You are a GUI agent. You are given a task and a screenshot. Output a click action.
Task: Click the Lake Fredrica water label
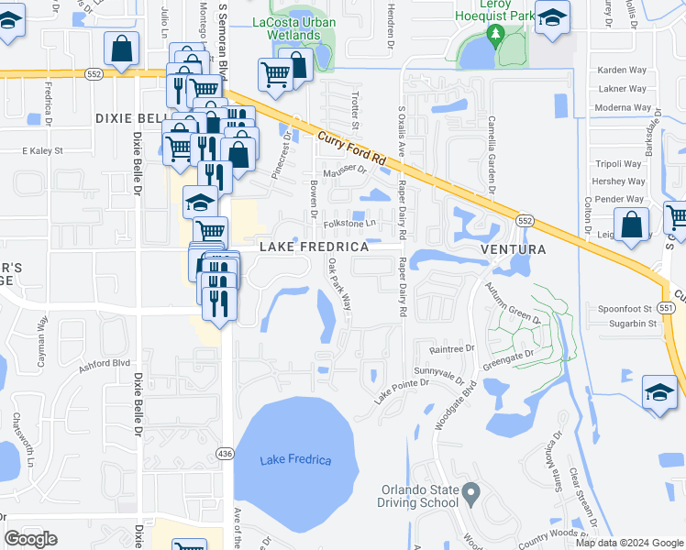point(295,459)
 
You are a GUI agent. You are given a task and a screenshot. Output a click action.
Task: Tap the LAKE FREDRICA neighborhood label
point(314,247)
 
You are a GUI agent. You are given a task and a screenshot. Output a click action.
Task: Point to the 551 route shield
point(667,309)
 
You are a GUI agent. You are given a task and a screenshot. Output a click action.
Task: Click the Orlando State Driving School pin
point(470,495)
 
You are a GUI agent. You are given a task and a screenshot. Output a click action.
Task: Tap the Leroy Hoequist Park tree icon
point(496,34)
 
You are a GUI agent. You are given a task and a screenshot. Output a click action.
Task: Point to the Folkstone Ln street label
point(350,223)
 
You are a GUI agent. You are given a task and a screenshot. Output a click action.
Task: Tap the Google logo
point(31,539)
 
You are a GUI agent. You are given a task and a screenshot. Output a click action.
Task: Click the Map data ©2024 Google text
point(628,543)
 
